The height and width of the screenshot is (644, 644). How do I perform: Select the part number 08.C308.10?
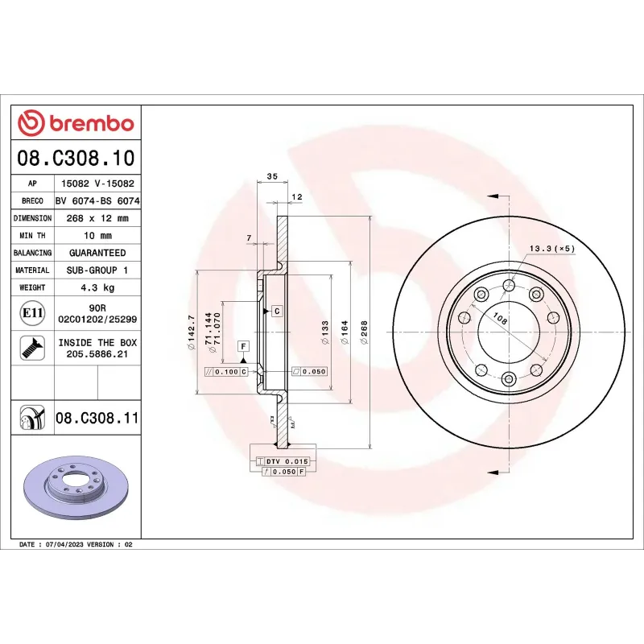[76, 158]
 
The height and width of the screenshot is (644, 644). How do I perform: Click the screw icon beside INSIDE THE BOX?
[31, 349]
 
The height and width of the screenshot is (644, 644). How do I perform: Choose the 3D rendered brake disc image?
[76, 489]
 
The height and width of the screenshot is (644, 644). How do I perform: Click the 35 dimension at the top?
[271, 176]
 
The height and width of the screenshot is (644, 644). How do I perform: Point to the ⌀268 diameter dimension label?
[364, 333]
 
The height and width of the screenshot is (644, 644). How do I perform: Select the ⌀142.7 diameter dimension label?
[191, 333]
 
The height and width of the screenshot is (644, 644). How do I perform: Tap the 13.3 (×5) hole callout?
[551, 248]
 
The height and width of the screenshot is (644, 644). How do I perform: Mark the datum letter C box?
[276, 311]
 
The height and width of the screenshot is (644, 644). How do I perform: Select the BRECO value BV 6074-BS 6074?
[97, 201]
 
